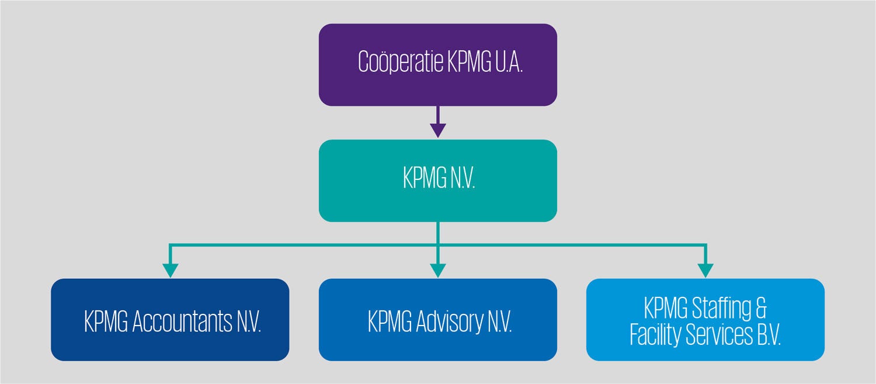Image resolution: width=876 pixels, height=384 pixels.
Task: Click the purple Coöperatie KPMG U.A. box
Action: pyautogui.click(x=437, y=64)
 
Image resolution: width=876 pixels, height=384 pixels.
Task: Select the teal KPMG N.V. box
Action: pyautogui.click(x=437, y=181)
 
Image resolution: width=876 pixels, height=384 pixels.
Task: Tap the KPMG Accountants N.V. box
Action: pyautogui.click(x=170, y=320)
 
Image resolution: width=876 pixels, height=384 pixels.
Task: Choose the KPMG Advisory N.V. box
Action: pyautogui.click(x=437, y=320)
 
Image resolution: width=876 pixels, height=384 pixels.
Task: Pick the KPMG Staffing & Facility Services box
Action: pyautogui.click(x=705, y=320)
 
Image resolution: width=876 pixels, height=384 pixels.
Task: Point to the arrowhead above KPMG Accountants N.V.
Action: pyautogui.click(x=170, y=269)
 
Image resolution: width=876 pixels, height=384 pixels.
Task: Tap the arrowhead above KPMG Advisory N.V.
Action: pyautogui.click(x=438, y=269)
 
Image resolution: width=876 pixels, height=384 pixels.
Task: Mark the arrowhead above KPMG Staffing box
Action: pyautogui.click(x=705, y=269)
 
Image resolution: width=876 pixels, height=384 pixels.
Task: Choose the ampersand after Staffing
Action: pyautogui.click(x=760, y=307)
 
